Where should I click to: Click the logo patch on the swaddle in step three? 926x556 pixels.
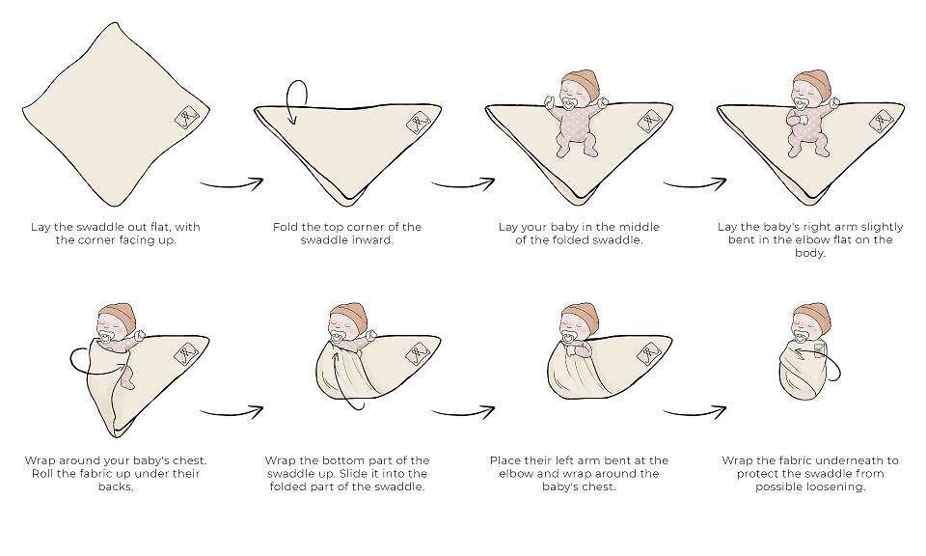click(649, 123)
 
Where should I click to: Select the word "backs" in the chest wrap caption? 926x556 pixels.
click(116, 486)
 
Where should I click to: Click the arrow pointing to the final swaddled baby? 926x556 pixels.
click(694, 411)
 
